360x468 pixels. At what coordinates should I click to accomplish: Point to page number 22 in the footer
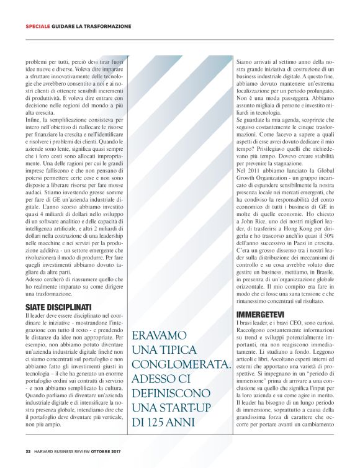(28, 451)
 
